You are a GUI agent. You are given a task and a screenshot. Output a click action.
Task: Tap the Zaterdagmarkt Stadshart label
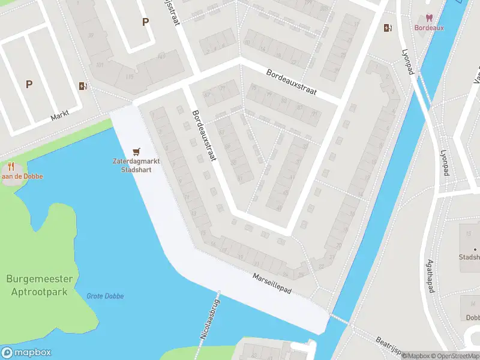tap(131, 165)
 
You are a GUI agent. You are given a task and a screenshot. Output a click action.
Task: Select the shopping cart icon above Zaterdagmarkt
tap(137, 151)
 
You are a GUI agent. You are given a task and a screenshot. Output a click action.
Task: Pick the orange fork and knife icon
tap(11, 166)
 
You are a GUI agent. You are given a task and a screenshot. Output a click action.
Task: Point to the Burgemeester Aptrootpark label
tap(40, 286)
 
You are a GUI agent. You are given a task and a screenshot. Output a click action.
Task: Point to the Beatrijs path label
tap(384, 346)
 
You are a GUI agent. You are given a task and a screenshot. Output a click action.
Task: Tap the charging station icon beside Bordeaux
tap(388, 27)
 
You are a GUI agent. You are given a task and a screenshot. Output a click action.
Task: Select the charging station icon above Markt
tap(82, 86)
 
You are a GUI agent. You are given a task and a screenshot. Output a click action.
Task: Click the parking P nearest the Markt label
tap(29, 85)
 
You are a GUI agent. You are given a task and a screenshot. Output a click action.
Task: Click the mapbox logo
tap(26, 353)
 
